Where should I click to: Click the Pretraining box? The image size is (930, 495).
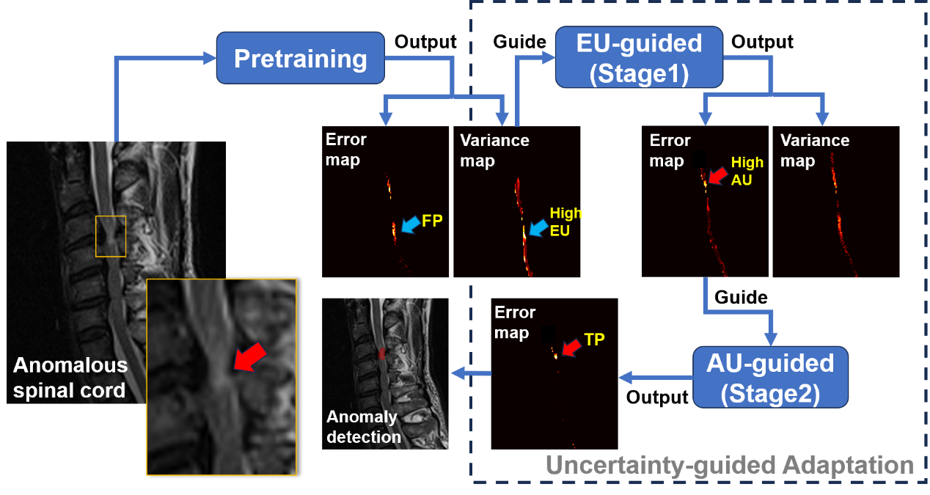tap(300, 58)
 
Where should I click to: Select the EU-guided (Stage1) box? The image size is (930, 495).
tap(639, 57)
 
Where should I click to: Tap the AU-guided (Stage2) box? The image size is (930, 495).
tap(770, 377)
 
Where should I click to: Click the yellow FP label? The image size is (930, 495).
tap(432, 221)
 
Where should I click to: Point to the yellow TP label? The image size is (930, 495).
tap(594, 340)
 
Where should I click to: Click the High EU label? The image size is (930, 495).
tap(565, 221)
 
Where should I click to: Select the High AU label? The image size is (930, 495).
tap(747, 171)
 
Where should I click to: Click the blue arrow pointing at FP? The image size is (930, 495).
tap(411, 224)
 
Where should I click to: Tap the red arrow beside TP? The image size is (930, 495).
tap(571, 347)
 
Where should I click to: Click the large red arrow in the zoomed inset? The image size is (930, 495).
tap(249, 356)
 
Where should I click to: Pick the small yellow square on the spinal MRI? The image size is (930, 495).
tap(111, 236)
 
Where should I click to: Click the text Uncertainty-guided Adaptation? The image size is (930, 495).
tap(730, 465)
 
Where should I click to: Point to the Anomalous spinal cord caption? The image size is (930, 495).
tap(70, 378)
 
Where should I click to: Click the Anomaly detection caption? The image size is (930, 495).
tap(364, 427)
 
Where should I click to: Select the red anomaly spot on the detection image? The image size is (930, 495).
tap(381, 353)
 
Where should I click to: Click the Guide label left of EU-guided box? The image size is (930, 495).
tap(519, 42)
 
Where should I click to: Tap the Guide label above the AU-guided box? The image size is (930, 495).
tap(741, 297)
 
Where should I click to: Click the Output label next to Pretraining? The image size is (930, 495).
tap(425, 42)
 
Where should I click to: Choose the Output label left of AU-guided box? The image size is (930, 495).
tap(657, 397)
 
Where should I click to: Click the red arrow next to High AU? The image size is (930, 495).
tap(718, 175)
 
